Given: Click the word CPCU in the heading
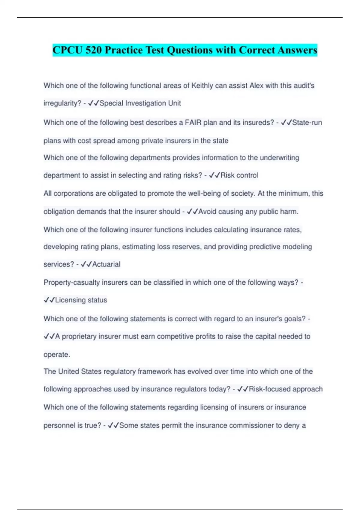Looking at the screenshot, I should pyautogui.click(x=67, y=50).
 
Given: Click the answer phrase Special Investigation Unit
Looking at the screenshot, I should pyautogui.click(x=140, y=103).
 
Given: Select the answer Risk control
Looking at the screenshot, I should pyautogui.click(x=239, y=175).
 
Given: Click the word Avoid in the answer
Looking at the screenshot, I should pyautogui.click(x=207, y=212).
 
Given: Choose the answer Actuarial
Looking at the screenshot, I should pyautogui.click(x=106, y=264).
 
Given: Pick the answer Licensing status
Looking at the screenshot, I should pyautogui.click(x=81, y=300).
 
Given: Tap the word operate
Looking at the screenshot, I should pyautogui.click(x=57, y=355).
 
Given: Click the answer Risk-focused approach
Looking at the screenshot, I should pyautogui.click(x=286, y=389).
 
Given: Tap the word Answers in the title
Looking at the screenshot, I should pyautogui.click(x=297, y=50).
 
